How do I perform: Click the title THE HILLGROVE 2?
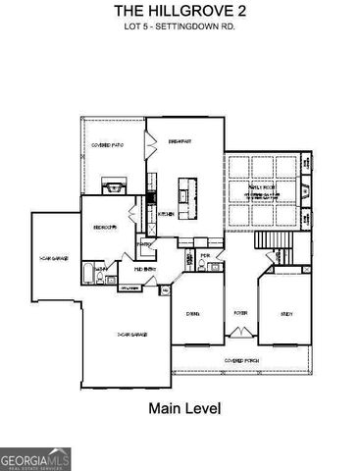coord(179,10)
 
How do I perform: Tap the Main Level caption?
coord(183,407)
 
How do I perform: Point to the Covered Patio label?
coord(106,146)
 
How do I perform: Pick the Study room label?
coord(286,313)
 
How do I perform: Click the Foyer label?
coord(240,313)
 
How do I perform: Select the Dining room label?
coord(193,313)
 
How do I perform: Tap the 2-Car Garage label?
coord(131,336)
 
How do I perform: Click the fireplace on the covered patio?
coord(113,184)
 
